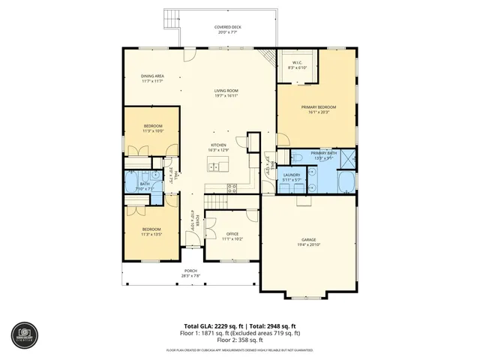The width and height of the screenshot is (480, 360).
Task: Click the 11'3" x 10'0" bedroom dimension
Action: tap(153, 131)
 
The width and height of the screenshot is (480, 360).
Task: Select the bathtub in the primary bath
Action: tap(346, 183)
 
